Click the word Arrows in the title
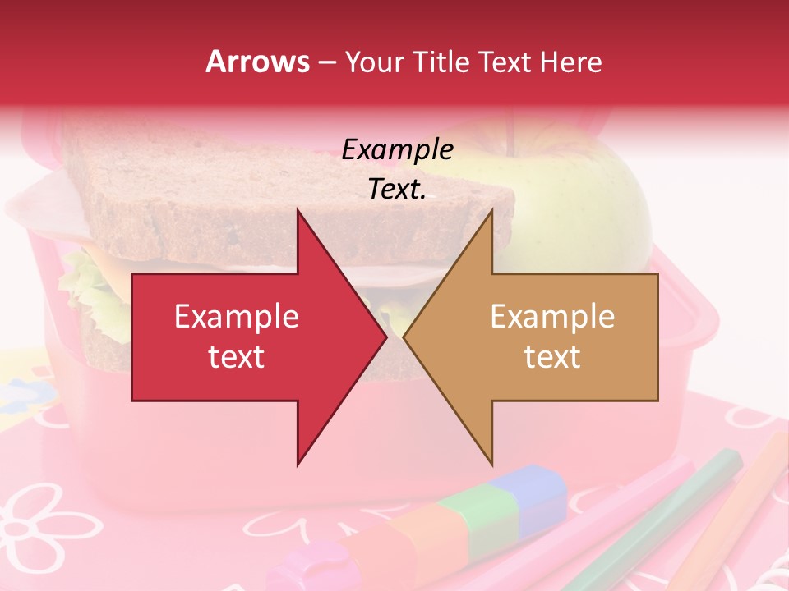(257, 62)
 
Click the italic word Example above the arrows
(397, 149)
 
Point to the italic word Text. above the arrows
(397, 190)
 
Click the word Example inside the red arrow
(237, 317)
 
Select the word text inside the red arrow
(237, 357)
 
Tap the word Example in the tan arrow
(552, 317)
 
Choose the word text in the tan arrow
(552, 357)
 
